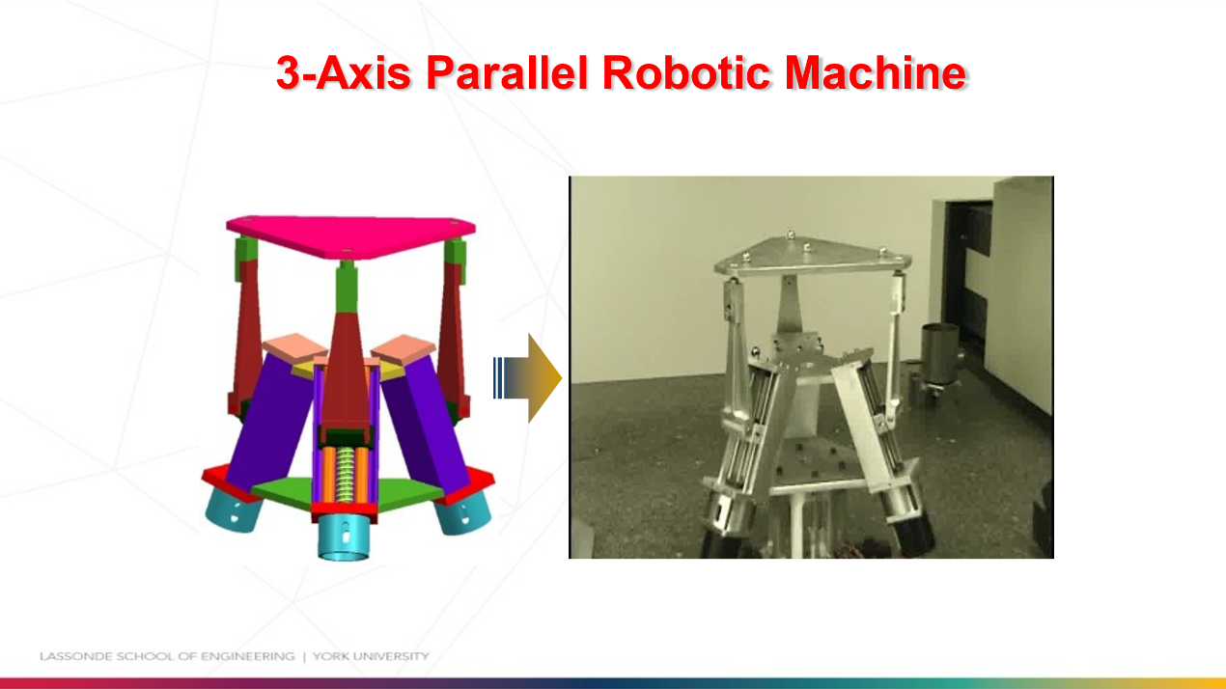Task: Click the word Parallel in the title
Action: tap(508, 72)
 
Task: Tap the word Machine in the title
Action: tap(876, 72)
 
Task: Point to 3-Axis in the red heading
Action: tap(344, 72)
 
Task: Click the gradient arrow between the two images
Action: tap(527, 377)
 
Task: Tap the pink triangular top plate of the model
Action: tap(350, 235)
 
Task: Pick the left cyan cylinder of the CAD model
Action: tap(234, 510)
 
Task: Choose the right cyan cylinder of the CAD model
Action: tap(463, 513)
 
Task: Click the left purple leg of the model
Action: tap(269, 423)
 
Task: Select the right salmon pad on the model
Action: tap(404, 349)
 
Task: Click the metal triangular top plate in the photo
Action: tap(812, 256)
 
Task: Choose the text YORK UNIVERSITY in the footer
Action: tap(371, 656)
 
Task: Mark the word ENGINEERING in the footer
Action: tap(247, 656)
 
